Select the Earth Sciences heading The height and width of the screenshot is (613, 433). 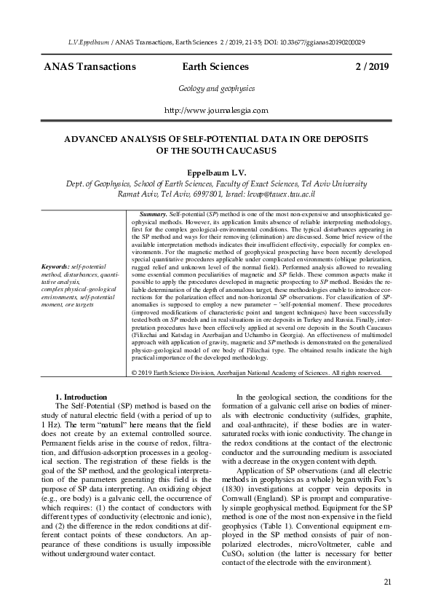(216, 67)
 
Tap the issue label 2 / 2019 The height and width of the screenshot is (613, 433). (372, 67)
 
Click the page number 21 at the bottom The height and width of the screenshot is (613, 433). (387, 581)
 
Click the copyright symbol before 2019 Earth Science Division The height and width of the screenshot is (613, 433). (134, 373)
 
